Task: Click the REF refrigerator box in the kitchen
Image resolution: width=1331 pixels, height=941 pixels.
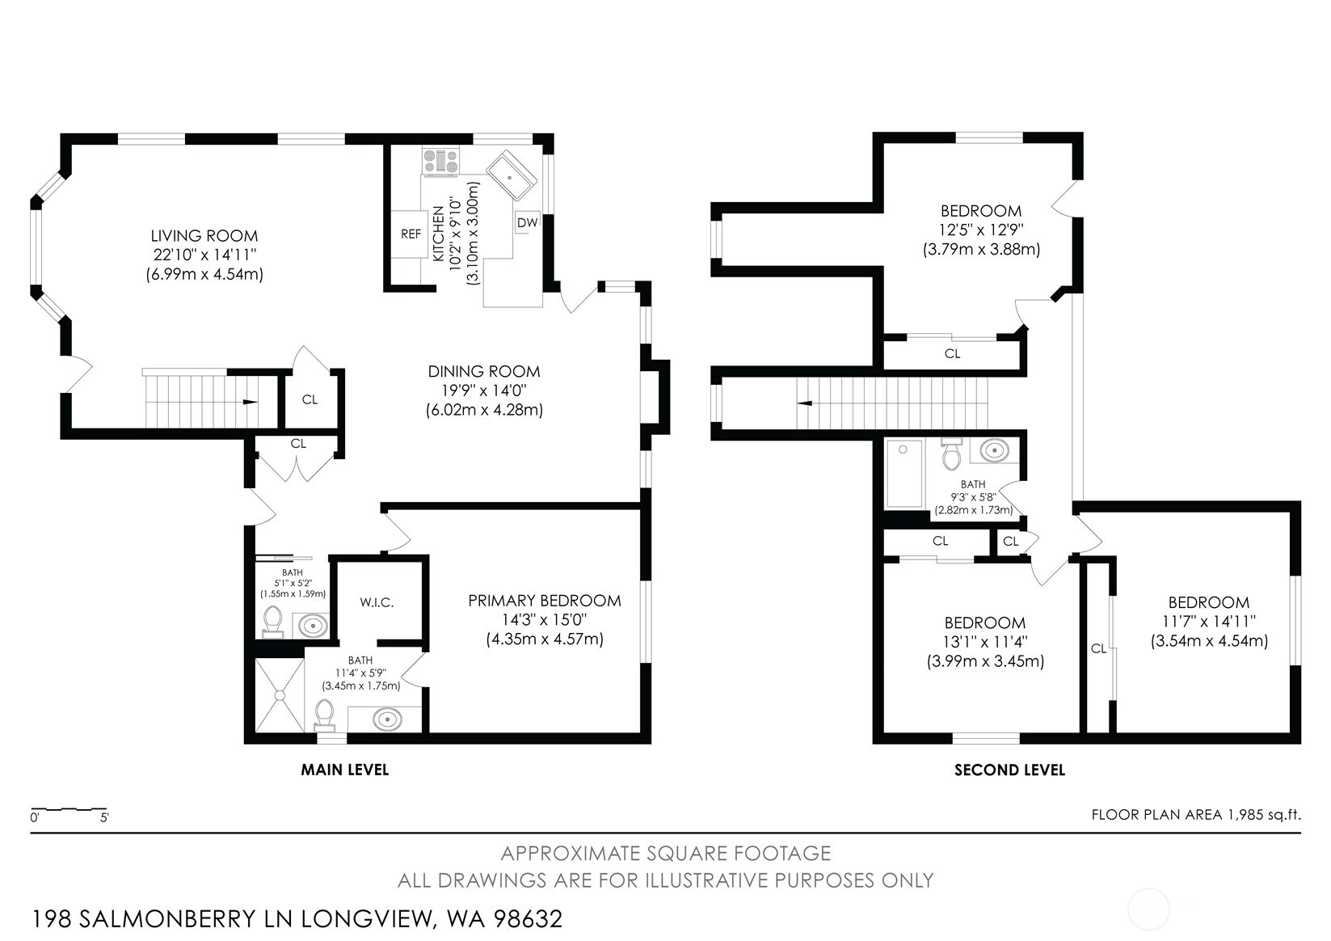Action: pyautogui.click(x=410, y=234)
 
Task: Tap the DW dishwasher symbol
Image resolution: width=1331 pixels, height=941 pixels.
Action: pyautogui.click(x=527, y=222)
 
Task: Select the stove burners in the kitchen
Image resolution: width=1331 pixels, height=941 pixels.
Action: pyautogui.click(x=441, y=161)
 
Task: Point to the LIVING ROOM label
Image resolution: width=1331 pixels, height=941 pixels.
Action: pyautogui.click(x=204, y=236)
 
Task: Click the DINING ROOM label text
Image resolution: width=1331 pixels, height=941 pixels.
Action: pyautogui.click(x=484, y=372)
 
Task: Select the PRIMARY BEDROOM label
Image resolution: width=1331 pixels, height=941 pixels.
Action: pyautogui.click(x=545, y=601)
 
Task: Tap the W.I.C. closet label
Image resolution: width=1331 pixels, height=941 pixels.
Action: pyautogui.click(x=377, y=603)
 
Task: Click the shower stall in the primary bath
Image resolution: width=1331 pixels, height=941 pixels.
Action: pyautogui.click(x=280, y=695)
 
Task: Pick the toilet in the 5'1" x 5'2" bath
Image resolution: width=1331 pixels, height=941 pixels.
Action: pyautogui.click(x=272, y=621)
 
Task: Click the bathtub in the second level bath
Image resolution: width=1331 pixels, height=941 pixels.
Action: pyautogui.click(x=904, y=474)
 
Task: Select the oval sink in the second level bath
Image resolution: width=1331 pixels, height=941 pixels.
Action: pyautogui.click(x=994, y=450)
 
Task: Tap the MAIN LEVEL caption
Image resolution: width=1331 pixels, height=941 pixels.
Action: pyautogui.click(x=344, y=770)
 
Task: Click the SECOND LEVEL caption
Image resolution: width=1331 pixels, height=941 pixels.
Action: pyautogui.click(x=1009, y=770)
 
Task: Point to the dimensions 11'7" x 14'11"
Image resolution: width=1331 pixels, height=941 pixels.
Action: pyautogui.click(x=1209, y=621)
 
